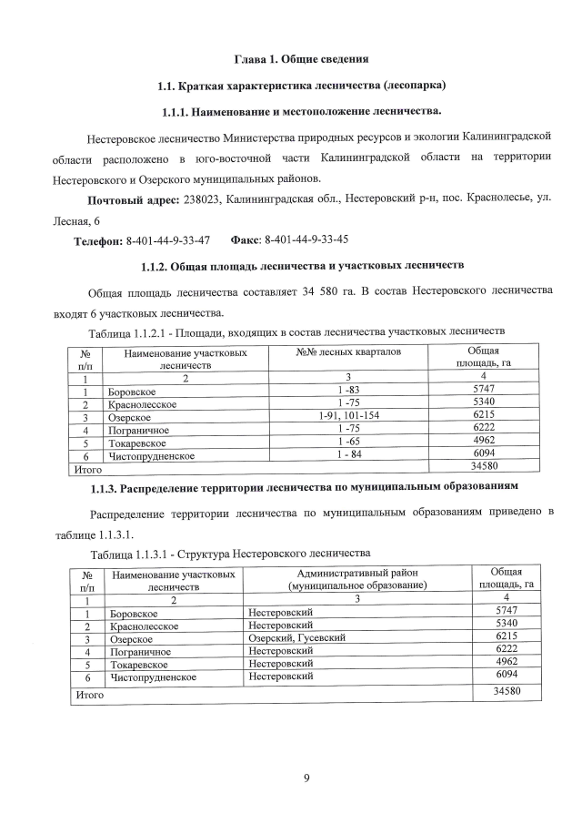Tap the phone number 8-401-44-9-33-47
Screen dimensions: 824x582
point(168,240)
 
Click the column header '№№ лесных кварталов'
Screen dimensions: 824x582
point(346,351)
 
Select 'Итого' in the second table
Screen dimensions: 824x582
point(88,694)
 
